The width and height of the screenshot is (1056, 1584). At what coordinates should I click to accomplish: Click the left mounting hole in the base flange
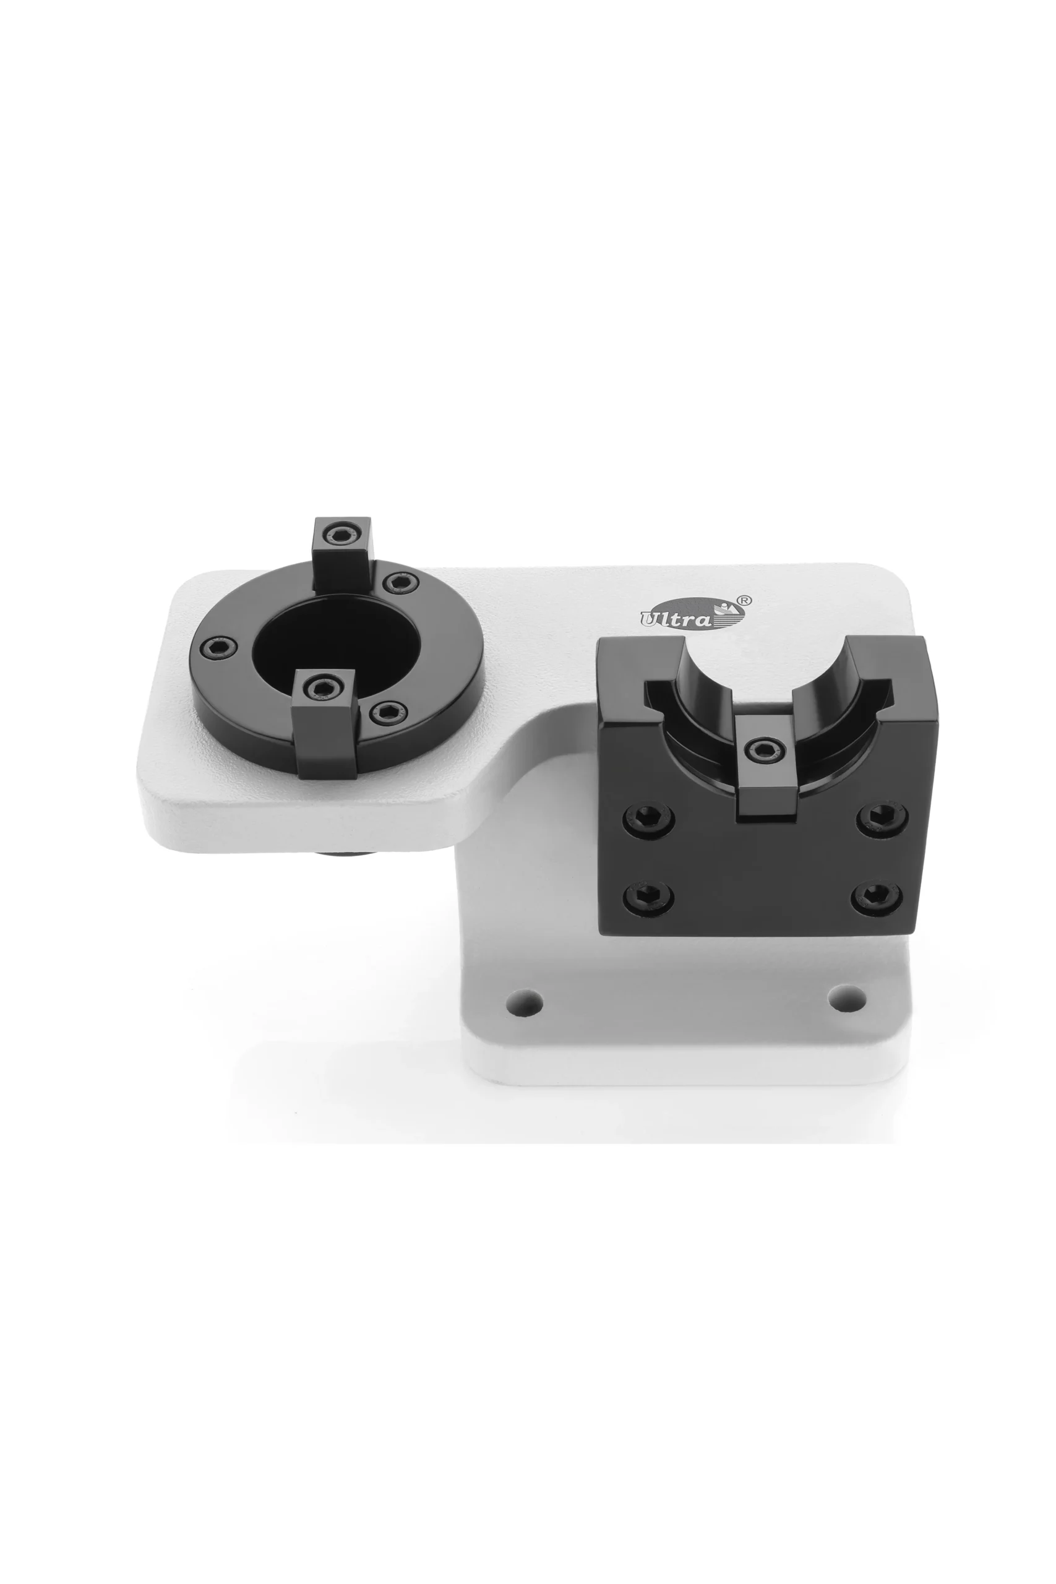coord(525,1002)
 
